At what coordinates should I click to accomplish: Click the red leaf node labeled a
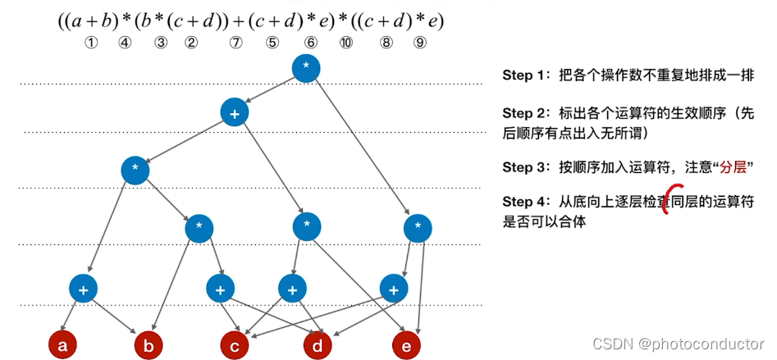coord(62,345)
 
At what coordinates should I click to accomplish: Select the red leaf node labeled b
coord(149,345)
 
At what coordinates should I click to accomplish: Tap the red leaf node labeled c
coord(235,345)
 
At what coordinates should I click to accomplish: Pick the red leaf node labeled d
coord(318,345)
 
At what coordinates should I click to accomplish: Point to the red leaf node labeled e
coord(405,345)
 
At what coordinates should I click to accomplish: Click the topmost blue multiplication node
coord(306,68)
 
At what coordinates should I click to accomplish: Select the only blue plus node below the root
coord(235,114)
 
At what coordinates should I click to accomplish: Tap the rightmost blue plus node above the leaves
coord(395,289)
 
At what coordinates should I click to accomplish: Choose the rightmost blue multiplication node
coord(418,227)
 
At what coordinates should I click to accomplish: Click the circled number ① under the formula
coord(92,43)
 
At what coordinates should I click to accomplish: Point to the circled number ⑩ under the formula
coord(345,43)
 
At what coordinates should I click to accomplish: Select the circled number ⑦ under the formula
coord(236,43)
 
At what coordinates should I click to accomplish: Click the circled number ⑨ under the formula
coord(420,43)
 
